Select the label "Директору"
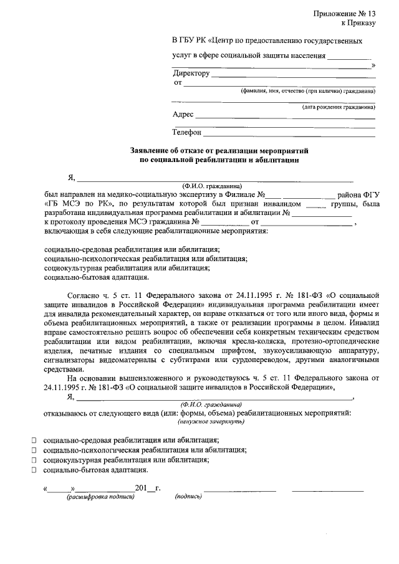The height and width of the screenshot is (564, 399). (191, 74)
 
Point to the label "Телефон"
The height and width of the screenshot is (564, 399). (187, 132)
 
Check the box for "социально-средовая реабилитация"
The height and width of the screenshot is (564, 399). (34, 440)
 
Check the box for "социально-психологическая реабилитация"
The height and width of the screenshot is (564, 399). (34, 450)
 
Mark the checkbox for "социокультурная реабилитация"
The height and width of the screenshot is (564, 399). (34, 460)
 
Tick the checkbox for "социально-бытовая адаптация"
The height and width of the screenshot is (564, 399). (34, 470)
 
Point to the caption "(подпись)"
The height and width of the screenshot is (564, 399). (189, 497)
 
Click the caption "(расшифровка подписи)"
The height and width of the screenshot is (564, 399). (100, 497)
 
